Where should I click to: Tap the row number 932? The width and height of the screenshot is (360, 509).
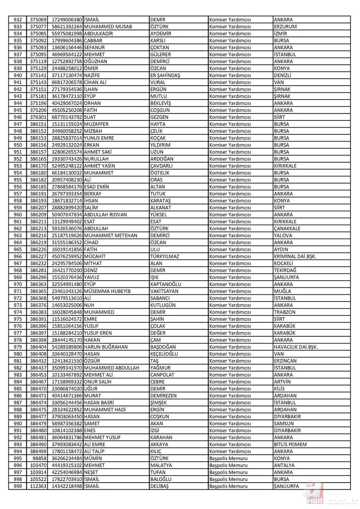click(18, 20)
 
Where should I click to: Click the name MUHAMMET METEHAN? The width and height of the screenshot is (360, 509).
click(111, 236)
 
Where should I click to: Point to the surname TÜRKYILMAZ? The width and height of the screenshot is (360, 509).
click(165, 256)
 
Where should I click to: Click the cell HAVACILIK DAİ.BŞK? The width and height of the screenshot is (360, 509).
click(296, 347)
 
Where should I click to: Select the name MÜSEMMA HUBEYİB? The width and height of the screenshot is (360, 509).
click(108, 291)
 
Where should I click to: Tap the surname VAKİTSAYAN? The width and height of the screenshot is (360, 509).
click(164, 291)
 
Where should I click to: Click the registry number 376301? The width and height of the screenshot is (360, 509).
click(38, 117)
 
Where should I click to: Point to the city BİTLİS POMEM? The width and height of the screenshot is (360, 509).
click(290, 444)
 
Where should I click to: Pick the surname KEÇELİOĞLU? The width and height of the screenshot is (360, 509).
click(164, 354)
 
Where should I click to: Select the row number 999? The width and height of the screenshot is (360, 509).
click(18, 486)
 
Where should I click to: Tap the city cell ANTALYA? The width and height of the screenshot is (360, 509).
click(284, 465)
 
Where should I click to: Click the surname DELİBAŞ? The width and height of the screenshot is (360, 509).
click(160, 486)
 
